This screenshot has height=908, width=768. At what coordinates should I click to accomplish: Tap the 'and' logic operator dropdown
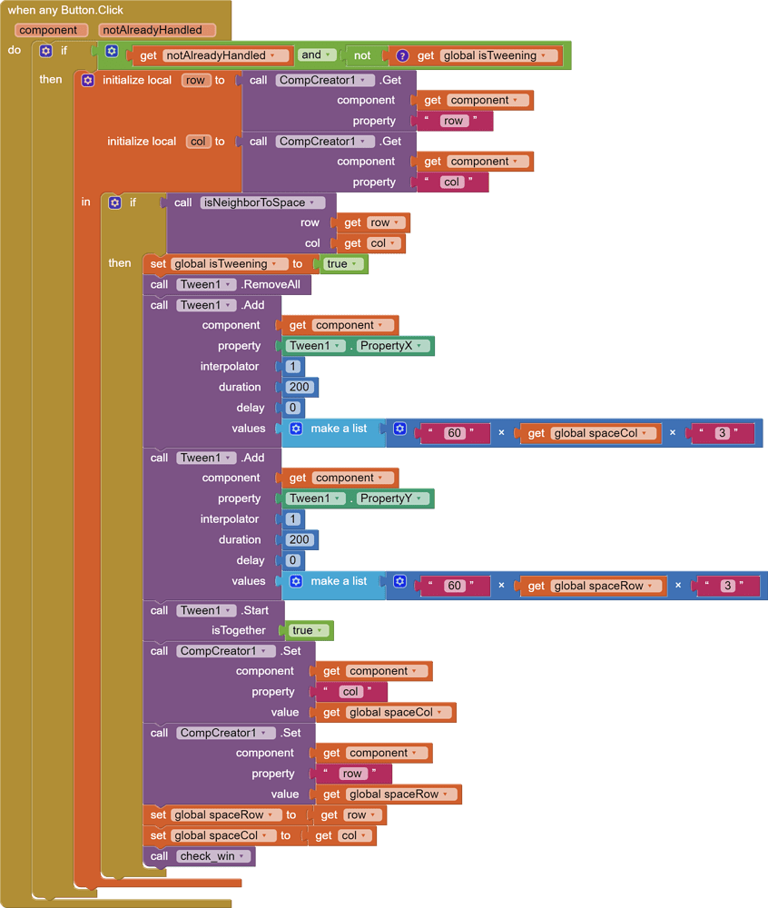click(x=316, y=55)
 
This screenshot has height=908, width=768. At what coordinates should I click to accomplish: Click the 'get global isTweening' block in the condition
click(x=487, y=55)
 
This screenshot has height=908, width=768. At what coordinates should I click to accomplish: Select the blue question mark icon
click(x=403, y=55)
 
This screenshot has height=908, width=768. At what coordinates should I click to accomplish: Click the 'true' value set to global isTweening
click(x=341, y=264)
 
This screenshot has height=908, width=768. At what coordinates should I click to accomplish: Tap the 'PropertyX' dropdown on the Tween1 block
click(x=392, y=346)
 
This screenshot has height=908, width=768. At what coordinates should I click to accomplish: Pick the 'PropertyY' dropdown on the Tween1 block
click(x=392, y=498)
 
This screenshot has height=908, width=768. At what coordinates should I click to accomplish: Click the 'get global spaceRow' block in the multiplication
click(x=593, y=586)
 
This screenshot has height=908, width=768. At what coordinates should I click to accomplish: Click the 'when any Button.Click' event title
click(x=65, y=10)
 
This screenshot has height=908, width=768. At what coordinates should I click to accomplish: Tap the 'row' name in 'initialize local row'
click(x=195, y=80)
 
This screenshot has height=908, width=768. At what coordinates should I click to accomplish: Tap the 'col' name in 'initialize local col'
click(x=197, y=142)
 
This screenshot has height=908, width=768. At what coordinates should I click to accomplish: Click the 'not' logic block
click(x=362, y=55)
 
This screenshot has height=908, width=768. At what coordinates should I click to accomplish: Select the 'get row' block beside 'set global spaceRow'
click(x=350, y=815)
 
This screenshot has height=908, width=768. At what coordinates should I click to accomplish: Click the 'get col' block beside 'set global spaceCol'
click(x=341, y=835)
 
